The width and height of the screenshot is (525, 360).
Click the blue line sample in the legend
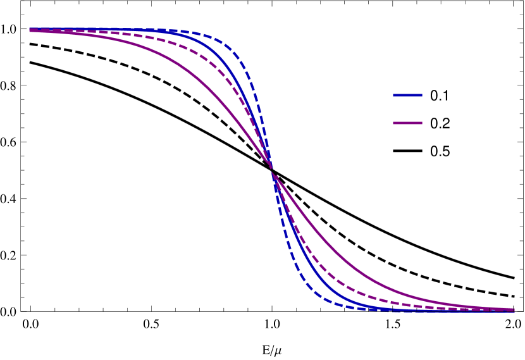[407, 96]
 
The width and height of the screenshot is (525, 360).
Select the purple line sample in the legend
[407, 123]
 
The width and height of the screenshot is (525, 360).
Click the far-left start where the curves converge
[30, 30]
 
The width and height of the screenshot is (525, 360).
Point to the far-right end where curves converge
[513, 310]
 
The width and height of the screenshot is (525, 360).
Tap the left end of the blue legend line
[394, 96]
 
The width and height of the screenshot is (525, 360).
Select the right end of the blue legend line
[421, 96]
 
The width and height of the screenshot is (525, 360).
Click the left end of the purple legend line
[394, 123]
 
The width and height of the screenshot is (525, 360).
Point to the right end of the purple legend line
[421, 123]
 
